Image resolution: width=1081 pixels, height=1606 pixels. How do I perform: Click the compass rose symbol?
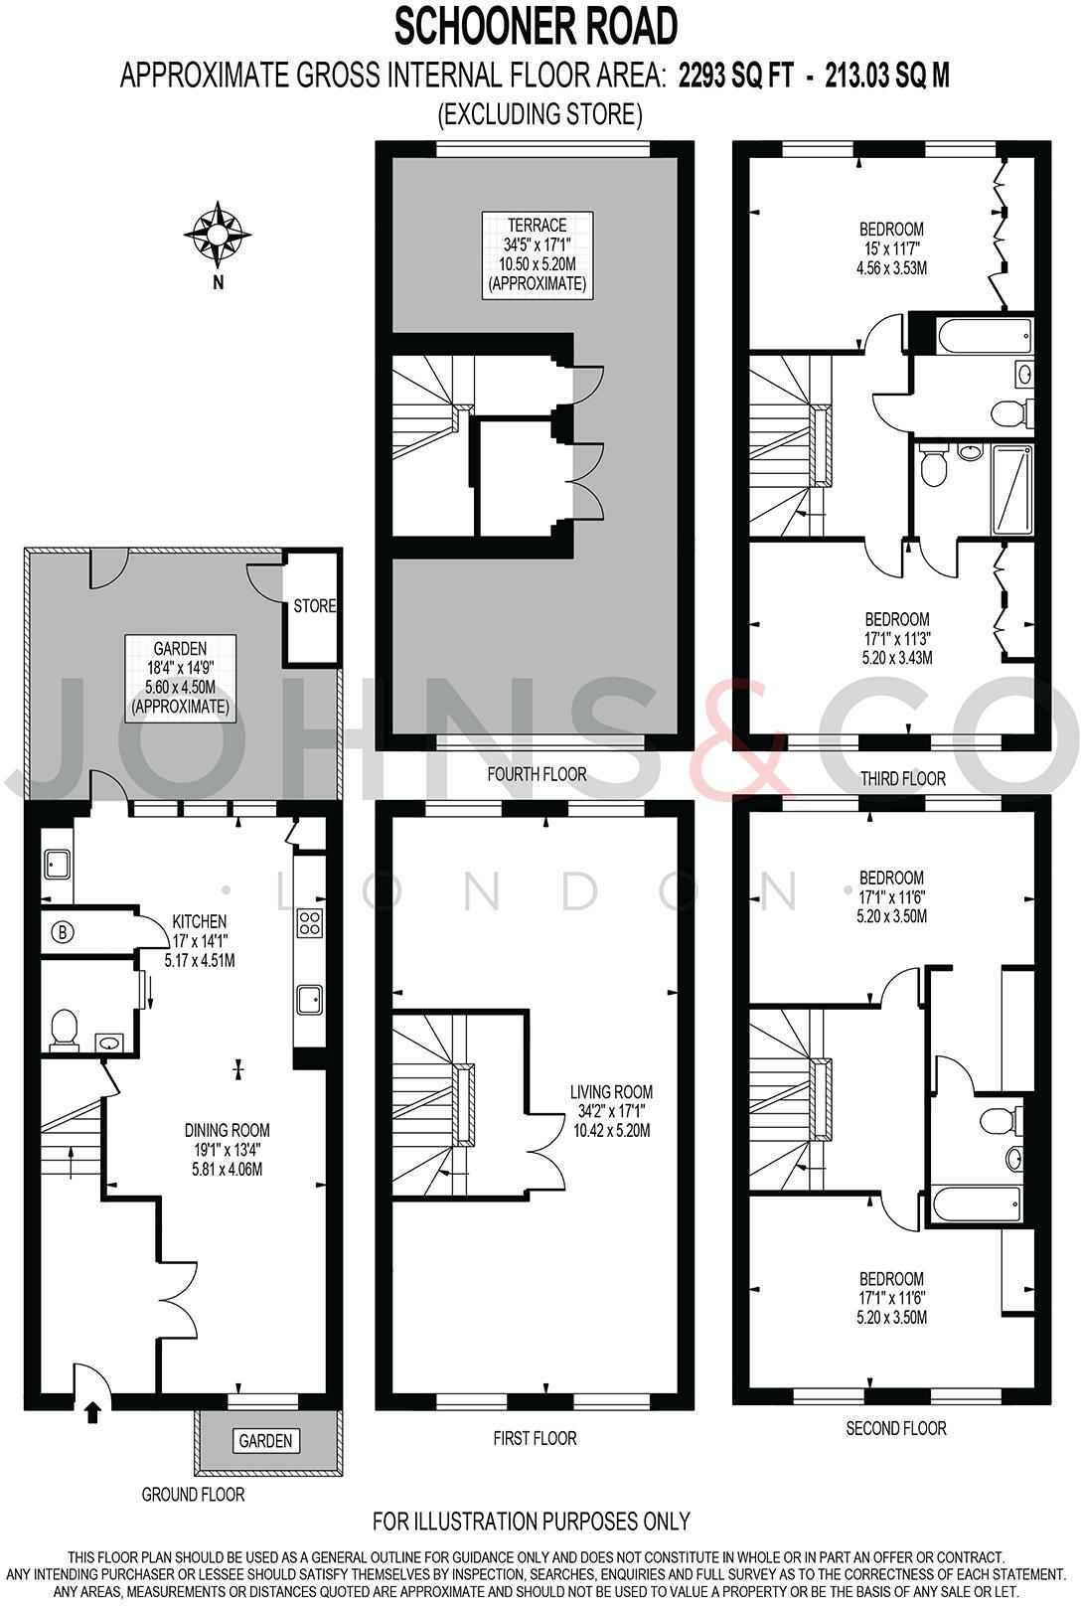click(x=217, y=235)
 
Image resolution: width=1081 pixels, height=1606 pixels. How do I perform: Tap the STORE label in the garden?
click(x=314, y=606)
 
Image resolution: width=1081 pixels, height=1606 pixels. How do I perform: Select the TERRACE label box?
click(x=537, y=253)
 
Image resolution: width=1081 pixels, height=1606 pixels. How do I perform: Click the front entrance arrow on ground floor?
click(x=93, y=1412)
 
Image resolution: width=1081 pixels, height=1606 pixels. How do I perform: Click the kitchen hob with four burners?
click(x=309, y=923)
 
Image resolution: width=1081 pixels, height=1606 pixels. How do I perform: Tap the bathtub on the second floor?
click(x=978, y=1206)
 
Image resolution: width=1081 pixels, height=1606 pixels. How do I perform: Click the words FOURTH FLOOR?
click(x=537, y=774)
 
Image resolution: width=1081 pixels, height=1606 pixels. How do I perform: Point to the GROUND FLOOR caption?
click(x=193, y=1494)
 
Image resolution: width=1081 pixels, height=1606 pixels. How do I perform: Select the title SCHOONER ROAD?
click(x=537, y=27)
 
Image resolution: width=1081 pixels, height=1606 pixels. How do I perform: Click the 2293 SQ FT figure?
click(x=736, y=77)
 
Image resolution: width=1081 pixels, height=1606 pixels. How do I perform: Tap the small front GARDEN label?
click(x=265, y=1440)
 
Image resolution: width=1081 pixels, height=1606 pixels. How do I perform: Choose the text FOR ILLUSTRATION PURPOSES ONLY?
click(x=531, y=1521)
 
